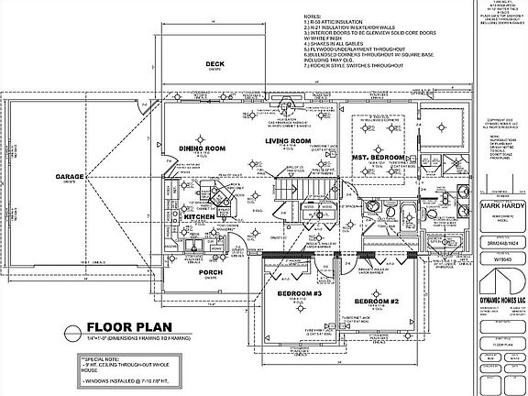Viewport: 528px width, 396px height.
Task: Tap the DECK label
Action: (214, 64)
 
